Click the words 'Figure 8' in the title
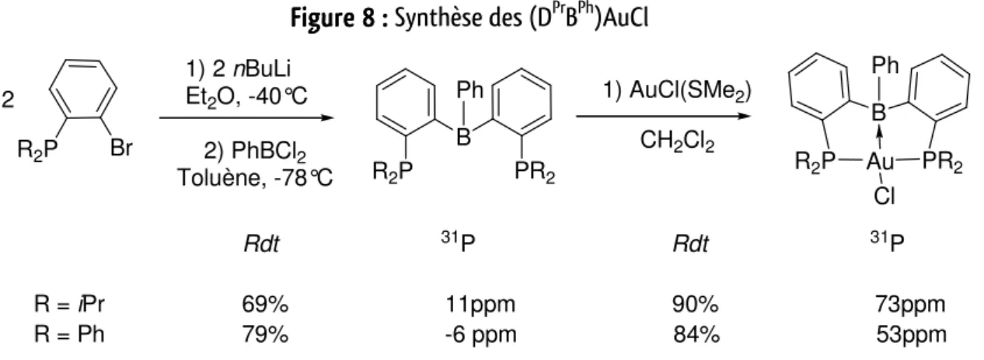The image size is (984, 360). [x=333, y=18]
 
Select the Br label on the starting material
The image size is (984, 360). [x=121, y=148]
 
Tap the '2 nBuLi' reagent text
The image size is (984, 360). [x=251, y=69]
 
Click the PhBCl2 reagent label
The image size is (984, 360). [x=268, y=152]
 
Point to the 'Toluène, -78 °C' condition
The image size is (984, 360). [x=255, y=178]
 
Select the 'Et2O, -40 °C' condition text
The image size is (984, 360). [x=246, y=96]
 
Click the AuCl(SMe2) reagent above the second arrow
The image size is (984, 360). [x=690, y=91]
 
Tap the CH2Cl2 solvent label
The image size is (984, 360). [x=677, y=142]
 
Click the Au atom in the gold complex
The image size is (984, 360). [x=880, y=162]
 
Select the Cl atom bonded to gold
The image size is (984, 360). [x=885, y=197]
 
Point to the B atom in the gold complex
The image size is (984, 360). [x=878, y=113]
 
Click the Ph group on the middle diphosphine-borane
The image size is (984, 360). [x=469, y=90]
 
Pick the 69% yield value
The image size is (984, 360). [x=265, y=304]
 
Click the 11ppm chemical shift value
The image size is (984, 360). [x=480, y=304]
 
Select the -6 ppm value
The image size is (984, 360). [x=481, y=335]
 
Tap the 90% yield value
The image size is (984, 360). [x=696, y=304]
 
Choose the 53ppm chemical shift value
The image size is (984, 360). [x=911, y=335]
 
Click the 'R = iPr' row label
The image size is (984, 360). [x=69, y=304]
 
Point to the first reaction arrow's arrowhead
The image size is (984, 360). [x=328, y=118]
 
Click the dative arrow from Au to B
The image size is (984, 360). [x=879, y=138]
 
